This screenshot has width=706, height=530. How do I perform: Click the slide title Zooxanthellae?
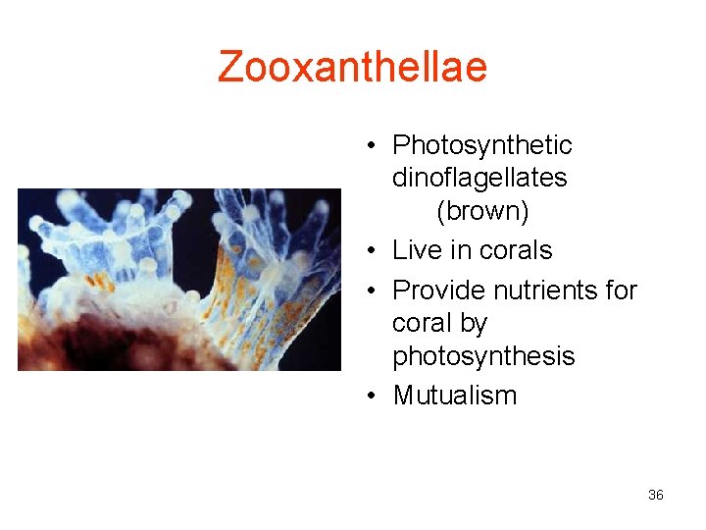point(352,67)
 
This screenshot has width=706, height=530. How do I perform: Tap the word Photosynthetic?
point(481,145)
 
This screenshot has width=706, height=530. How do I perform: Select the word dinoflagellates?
point(479,178)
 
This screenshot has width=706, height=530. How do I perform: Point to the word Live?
point(416,250)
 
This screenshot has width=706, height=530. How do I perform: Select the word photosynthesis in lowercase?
point(483,356)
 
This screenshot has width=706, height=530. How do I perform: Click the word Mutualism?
point(454,396)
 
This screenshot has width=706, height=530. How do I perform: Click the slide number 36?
point(656,495)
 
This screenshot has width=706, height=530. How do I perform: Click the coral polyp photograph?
point(179,279)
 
